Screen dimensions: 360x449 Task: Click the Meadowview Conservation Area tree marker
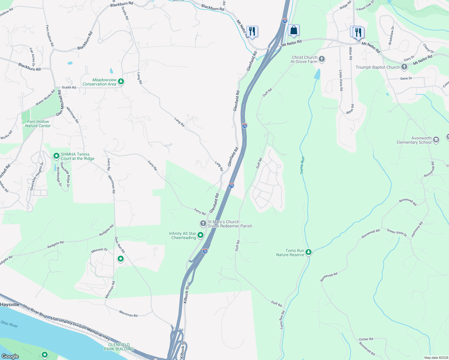coord(121,81)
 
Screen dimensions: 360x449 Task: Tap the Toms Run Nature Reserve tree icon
coord(309,252)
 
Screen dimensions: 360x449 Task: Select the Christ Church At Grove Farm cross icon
coord(322,59)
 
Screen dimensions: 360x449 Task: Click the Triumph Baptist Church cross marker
coord(404,67)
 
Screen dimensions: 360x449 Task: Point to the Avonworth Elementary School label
coord(414,140)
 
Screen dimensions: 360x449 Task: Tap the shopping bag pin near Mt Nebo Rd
coord(294,30)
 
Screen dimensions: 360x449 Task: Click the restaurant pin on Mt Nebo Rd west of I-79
coord(252,31)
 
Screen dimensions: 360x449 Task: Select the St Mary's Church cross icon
coord(203,223)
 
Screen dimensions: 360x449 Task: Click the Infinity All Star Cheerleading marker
coord(200,235)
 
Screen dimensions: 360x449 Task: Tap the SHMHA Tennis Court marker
coord(56,156)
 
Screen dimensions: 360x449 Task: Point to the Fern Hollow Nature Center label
coord(38,124)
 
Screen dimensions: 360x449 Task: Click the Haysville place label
coord(10,304)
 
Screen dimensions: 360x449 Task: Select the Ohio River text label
coord(9,324)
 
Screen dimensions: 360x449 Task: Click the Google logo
coord(10,356)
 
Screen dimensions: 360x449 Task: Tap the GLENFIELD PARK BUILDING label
coord(119,347)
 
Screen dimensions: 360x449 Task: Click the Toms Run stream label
coord(302,165)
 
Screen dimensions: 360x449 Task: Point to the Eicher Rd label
coord(366,339)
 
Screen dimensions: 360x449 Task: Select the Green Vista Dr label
coord(397,233)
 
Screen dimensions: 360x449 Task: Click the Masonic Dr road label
coord(99,250)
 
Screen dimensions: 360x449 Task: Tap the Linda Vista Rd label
coord(341,80)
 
